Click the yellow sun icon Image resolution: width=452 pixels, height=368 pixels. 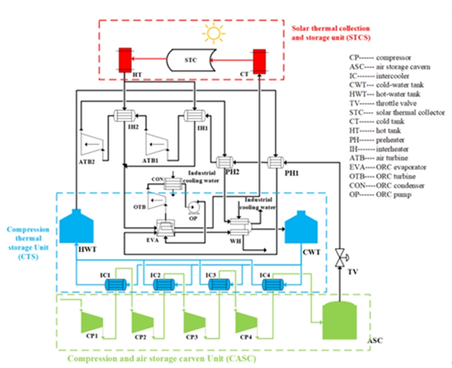pyautogui.click(x=212, y=34)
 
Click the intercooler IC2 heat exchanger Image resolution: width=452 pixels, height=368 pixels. pyautogui.click(x=163, y=284)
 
